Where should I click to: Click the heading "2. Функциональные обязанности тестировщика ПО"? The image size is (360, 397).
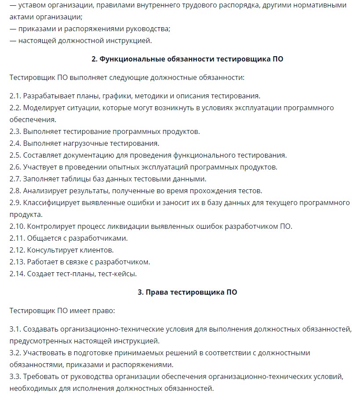click(187, 59)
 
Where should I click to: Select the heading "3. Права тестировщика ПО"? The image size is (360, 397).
click(187, 292)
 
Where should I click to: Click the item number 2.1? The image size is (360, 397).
click(15, 96)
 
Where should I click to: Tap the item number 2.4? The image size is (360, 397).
click(15, 143)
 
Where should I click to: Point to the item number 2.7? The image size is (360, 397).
click(15, 179)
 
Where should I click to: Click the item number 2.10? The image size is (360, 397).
click(17, 226)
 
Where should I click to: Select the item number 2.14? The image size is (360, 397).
click(17, 274)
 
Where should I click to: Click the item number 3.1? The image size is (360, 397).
click(15, 329)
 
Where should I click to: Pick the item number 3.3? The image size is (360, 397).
click(15, 376)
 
